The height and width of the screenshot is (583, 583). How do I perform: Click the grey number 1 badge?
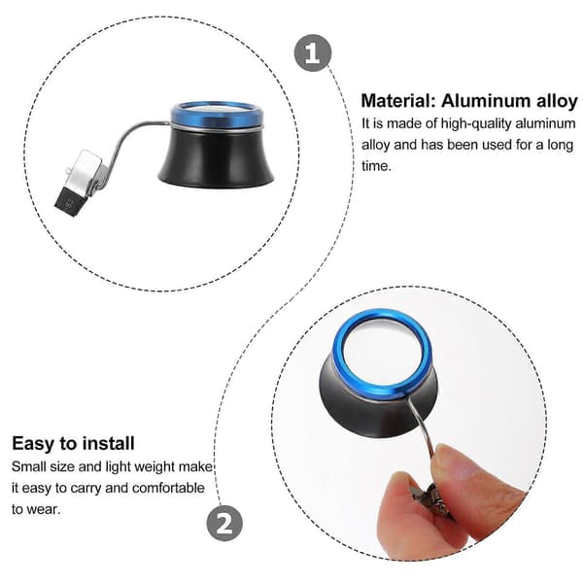[x=313, y=52]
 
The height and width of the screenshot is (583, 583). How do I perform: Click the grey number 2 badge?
[x=224, y=523]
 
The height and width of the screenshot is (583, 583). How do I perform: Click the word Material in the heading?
[x=397, y=101]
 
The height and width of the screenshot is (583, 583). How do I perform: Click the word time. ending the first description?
[x=376, y=166]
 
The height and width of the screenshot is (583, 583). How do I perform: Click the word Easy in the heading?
[x=32, y=444]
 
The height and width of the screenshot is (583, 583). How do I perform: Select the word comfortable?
[x=168, y=488]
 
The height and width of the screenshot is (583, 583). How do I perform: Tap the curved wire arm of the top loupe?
[x=126, y=143]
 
